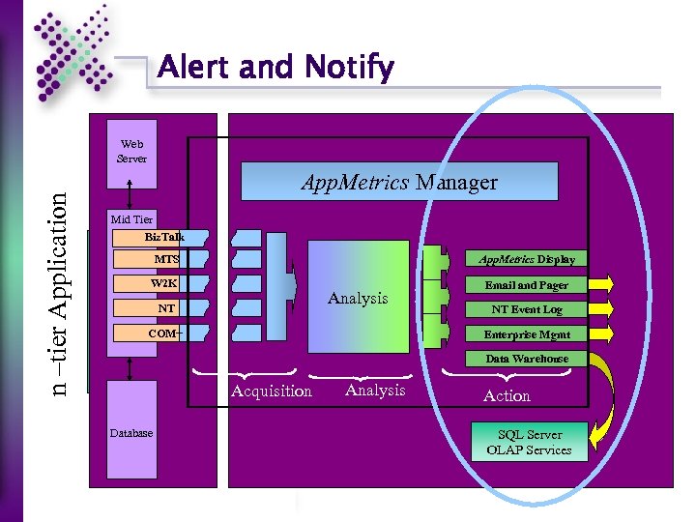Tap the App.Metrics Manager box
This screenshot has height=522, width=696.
tap(399, 182)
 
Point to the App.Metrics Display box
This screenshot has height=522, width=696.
tap(527, 259)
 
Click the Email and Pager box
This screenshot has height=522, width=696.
tap(527, 285)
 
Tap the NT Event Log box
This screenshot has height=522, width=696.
tap(527, 309)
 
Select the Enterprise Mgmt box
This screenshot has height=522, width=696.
tap(527, 334)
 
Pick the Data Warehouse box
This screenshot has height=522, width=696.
tap(527, 359)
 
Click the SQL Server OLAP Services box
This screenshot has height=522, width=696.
tap(529, 442)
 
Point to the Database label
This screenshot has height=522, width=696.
tap(130, 433)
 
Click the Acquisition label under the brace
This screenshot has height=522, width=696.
tap(272, 391)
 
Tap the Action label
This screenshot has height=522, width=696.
tap(507, 395)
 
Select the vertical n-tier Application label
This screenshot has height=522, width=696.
tap(60, 291)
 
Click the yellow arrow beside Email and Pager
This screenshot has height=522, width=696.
tap(601, 284)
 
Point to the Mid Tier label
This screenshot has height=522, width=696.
tap(131, 219)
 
